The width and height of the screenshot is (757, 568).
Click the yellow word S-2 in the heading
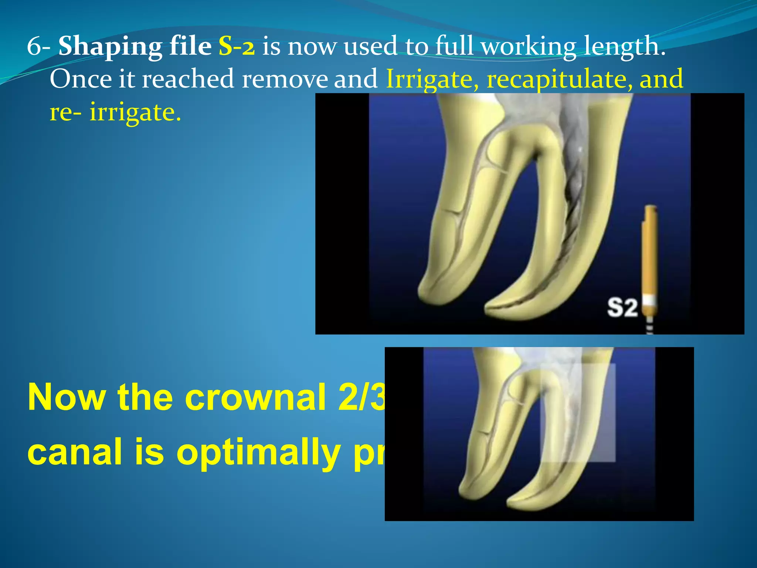pyautogui.click(x=237, y=47)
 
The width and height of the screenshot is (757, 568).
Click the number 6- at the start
pyautogui.click(x=38, y=47)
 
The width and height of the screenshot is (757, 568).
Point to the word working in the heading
pyautogui.click(x=529, y=47)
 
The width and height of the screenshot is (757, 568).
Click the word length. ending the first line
pyautogui.click(x=625, y=47)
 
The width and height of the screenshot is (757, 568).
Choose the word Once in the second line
pyautogui.click(x=81, y=79)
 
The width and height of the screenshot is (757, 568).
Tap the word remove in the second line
pyautogui.click(x=285, y=79)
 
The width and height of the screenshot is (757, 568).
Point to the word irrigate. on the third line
pyautogui.click(x=135, y=112)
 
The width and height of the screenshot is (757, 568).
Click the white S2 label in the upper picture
pyautogui.click(x=622, y=308)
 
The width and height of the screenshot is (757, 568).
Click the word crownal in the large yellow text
pyautogui.click(x=255, y=398)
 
